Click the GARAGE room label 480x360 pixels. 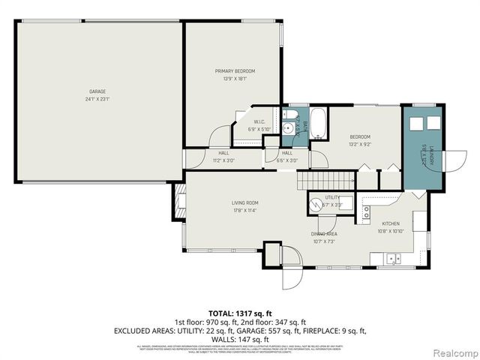coord(97,91)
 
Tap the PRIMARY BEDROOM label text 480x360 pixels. coord(230,71)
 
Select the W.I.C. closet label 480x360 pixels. coord(259,121)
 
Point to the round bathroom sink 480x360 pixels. coord(287,129)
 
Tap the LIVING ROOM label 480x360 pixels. coord(244,202)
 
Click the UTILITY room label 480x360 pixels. coord(333,197)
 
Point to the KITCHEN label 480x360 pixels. coord(391,223)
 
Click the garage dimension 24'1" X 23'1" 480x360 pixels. coord(97,98)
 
